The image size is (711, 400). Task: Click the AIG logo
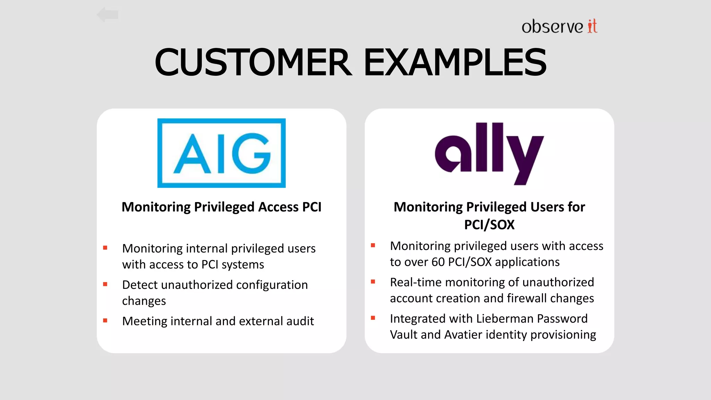[x=221, y=153]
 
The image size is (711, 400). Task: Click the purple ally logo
[x=489, y=153]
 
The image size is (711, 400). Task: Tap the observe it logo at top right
[x=559, y=26]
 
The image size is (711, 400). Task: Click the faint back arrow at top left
[x=108, y=15]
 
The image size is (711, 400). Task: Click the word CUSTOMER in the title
[x=253, y=62]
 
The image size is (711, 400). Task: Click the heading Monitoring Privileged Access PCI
[x=221, y=207]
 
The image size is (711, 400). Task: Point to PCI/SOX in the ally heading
[x=489, y=225]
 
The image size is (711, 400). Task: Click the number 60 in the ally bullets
[x=438, y=262]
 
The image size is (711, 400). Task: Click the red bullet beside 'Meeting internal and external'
[x=105, y=320]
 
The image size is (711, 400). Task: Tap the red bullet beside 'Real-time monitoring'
[x=373, y=282]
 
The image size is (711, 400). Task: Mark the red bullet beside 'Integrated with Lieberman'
[x=373, y=318]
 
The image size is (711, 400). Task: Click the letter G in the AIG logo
[x=251, y=153]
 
